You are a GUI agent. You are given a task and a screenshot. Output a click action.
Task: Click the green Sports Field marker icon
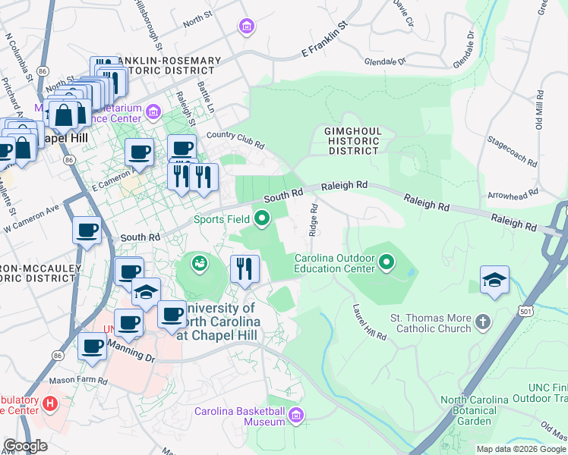pyautogui.click(x=263, y=220)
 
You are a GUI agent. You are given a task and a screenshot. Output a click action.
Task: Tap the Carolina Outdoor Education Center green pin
pyautogui.click(x=387, y=263)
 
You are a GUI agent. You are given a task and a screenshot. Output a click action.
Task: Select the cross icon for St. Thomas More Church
pyautogui.click(x=482, y=324)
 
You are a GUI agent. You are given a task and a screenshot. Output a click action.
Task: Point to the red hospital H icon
pyautogui.click(x=51, y=401)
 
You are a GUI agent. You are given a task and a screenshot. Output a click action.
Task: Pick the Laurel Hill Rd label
pyautogui.click(x=369, y=323)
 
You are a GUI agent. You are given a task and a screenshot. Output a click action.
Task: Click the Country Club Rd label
pyautogui.click(x=235, y=140)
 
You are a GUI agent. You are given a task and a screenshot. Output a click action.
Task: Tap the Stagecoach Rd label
pyautogui.click(x=513, y=152)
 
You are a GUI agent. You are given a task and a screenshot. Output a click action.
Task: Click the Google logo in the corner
pyautogui.click(x=25, y=446)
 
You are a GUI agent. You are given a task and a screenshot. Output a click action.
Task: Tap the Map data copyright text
pyautogui.click(x=521, y=449)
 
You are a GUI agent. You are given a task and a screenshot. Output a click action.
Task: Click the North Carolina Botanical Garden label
pyautogui.click(x=475, y=410)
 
